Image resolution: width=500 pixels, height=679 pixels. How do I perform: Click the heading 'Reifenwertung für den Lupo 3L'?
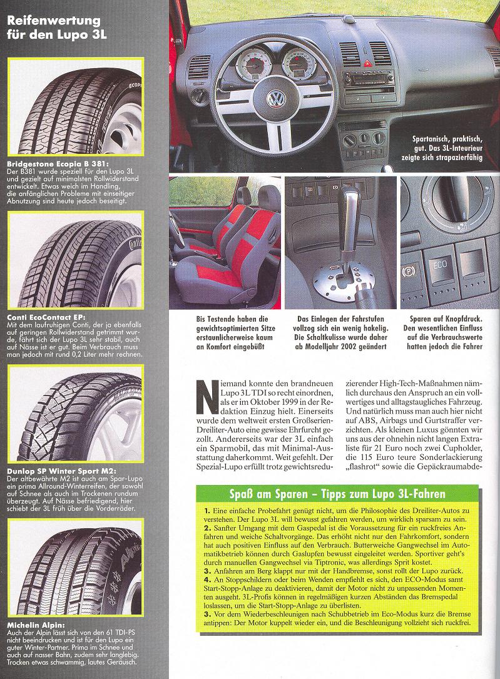pyautogui.click(x=56, y=28)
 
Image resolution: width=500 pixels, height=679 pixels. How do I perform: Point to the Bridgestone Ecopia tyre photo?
pyautogui.click(x=74, y=106)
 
